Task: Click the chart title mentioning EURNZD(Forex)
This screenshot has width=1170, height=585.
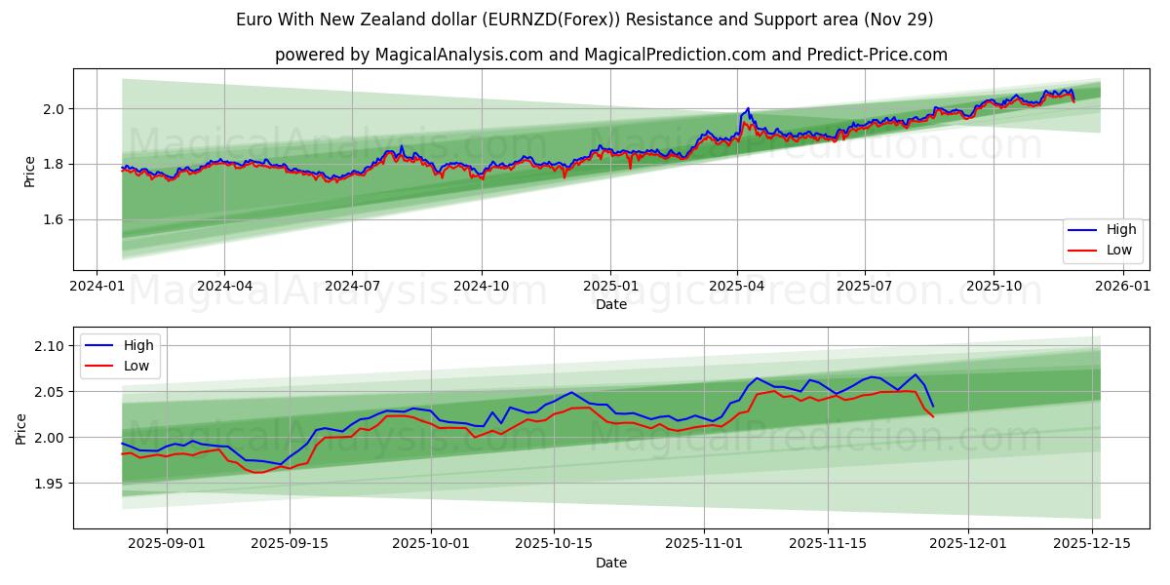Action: tap(584, 19)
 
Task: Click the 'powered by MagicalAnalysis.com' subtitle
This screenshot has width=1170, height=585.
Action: tap(610, 55)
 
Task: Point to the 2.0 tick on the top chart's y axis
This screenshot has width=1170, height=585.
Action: tap(54, 109)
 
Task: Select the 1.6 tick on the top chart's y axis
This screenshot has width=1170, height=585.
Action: tap(54, 220)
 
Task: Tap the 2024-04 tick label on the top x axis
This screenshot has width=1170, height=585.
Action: tap(224, 286)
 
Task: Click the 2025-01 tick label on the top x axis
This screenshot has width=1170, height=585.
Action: tap(610, 286)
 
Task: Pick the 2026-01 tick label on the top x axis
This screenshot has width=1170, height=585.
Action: tap(1123, 286)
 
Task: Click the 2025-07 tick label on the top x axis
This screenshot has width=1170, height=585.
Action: tap(865, 286)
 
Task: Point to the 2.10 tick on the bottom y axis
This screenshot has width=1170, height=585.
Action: tap(49, 346)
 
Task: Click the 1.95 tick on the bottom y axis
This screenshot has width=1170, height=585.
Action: tap(49, 484)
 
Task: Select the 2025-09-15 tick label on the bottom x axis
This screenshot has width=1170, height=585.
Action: tap(289, 544)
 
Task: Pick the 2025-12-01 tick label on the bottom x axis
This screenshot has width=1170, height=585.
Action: tap(967, 544)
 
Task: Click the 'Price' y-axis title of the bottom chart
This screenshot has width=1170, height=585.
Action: tap(21, 428)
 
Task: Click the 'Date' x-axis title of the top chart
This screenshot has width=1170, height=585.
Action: tap(610, 304)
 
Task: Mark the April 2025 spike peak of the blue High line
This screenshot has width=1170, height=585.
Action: tap(748, 108)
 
